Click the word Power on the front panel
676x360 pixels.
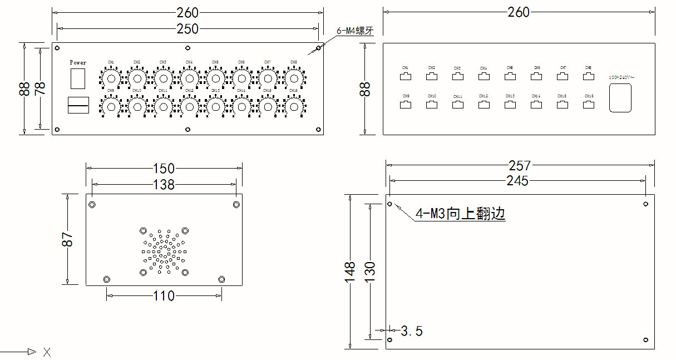coord(78,62)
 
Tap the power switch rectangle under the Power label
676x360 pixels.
coord(78,78)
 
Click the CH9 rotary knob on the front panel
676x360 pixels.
coord(111,106)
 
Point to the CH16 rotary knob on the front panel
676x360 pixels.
coord(294,106)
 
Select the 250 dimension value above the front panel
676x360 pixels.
coord(187,28)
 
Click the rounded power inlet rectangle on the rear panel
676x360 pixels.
coord(620,98)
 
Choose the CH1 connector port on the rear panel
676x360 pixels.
coord(406,76)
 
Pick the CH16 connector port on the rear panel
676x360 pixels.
coord(589,104)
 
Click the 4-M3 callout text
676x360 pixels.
coord(461,214)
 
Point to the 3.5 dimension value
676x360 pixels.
coord(412,332)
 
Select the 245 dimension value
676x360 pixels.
coord(517,181)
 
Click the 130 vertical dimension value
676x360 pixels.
coord(369,270)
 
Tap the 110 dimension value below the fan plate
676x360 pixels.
coord(164,296)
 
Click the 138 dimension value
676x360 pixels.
coord(164,184)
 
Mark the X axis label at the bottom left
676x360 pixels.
coord(47,352)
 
